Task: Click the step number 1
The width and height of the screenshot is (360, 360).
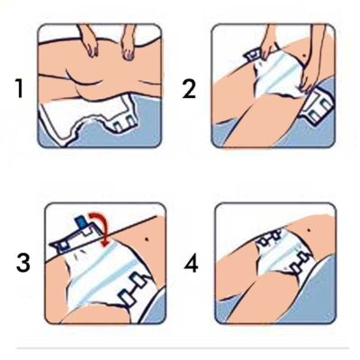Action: tap(20, 88)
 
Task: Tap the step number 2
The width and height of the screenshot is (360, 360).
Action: tap(189, 88)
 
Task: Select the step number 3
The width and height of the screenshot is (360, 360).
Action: tap(23, 263)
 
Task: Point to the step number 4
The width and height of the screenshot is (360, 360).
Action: tap(191, 264)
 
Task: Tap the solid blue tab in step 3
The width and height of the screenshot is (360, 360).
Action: tap(81, 222)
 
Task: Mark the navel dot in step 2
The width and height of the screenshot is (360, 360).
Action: tap(304, 56)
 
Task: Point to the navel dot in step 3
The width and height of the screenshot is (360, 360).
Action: tap(147, 239)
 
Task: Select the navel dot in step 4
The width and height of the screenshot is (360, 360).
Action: tap(309, 230)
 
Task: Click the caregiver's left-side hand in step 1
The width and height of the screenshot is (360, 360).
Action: tap(90, 43)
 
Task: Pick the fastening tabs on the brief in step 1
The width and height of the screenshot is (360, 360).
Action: tap(124, 124)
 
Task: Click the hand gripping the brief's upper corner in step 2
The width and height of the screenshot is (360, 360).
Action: tap(267, 47)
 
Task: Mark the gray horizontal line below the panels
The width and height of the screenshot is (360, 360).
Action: tap(183, 348)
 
